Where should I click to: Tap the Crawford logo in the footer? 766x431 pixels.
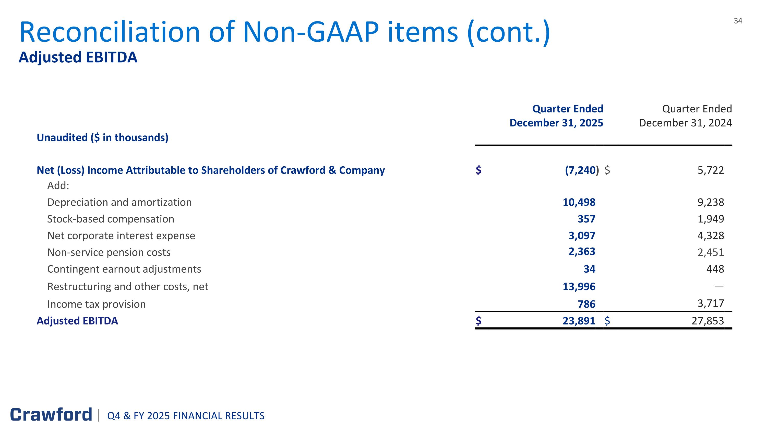(x=51, y=415)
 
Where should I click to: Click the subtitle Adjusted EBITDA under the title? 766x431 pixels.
(x=78, y=57)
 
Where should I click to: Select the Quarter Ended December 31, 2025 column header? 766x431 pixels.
(x=556, y=116)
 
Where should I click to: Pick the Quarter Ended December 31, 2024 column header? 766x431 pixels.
(x=685, y=116)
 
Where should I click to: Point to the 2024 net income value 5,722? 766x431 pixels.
(x=710, y=170)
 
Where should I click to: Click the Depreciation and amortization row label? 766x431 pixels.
(x=119, y=202)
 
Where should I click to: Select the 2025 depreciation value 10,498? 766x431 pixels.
(x=579, y=202)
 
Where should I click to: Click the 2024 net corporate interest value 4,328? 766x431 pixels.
(x=710, y=236)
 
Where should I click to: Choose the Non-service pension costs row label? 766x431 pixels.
(x=109, y=252)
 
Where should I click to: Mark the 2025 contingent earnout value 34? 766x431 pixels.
(x=589, y=269)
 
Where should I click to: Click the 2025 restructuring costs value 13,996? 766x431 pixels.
(x=579, y=286)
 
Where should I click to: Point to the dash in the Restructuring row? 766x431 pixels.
(x=719, y=286)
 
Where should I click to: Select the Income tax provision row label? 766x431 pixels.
(x=96, y=304)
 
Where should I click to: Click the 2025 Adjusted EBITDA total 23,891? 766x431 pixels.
(x=579, y=321)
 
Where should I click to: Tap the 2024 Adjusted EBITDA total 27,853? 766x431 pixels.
(x=708, y=321)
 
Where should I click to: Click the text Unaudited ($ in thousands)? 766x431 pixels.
(x=102, y=137)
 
